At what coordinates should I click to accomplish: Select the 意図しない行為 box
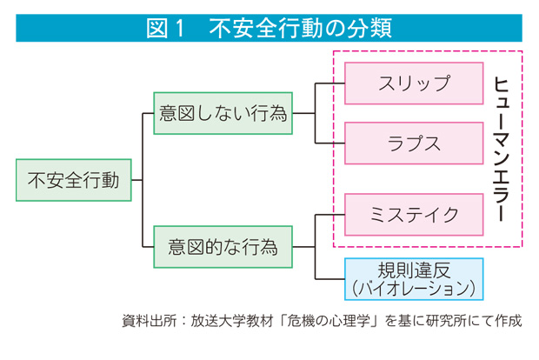223,113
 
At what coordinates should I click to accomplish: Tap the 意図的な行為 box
223,248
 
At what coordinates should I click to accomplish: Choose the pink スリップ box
414,83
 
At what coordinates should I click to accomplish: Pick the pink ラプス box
414,143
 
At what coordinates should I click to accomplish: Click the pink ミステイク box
414,214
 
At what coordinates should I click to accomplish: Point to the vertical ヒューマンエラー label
501,148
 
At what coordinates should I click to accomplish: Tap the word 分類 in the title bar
368,28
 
